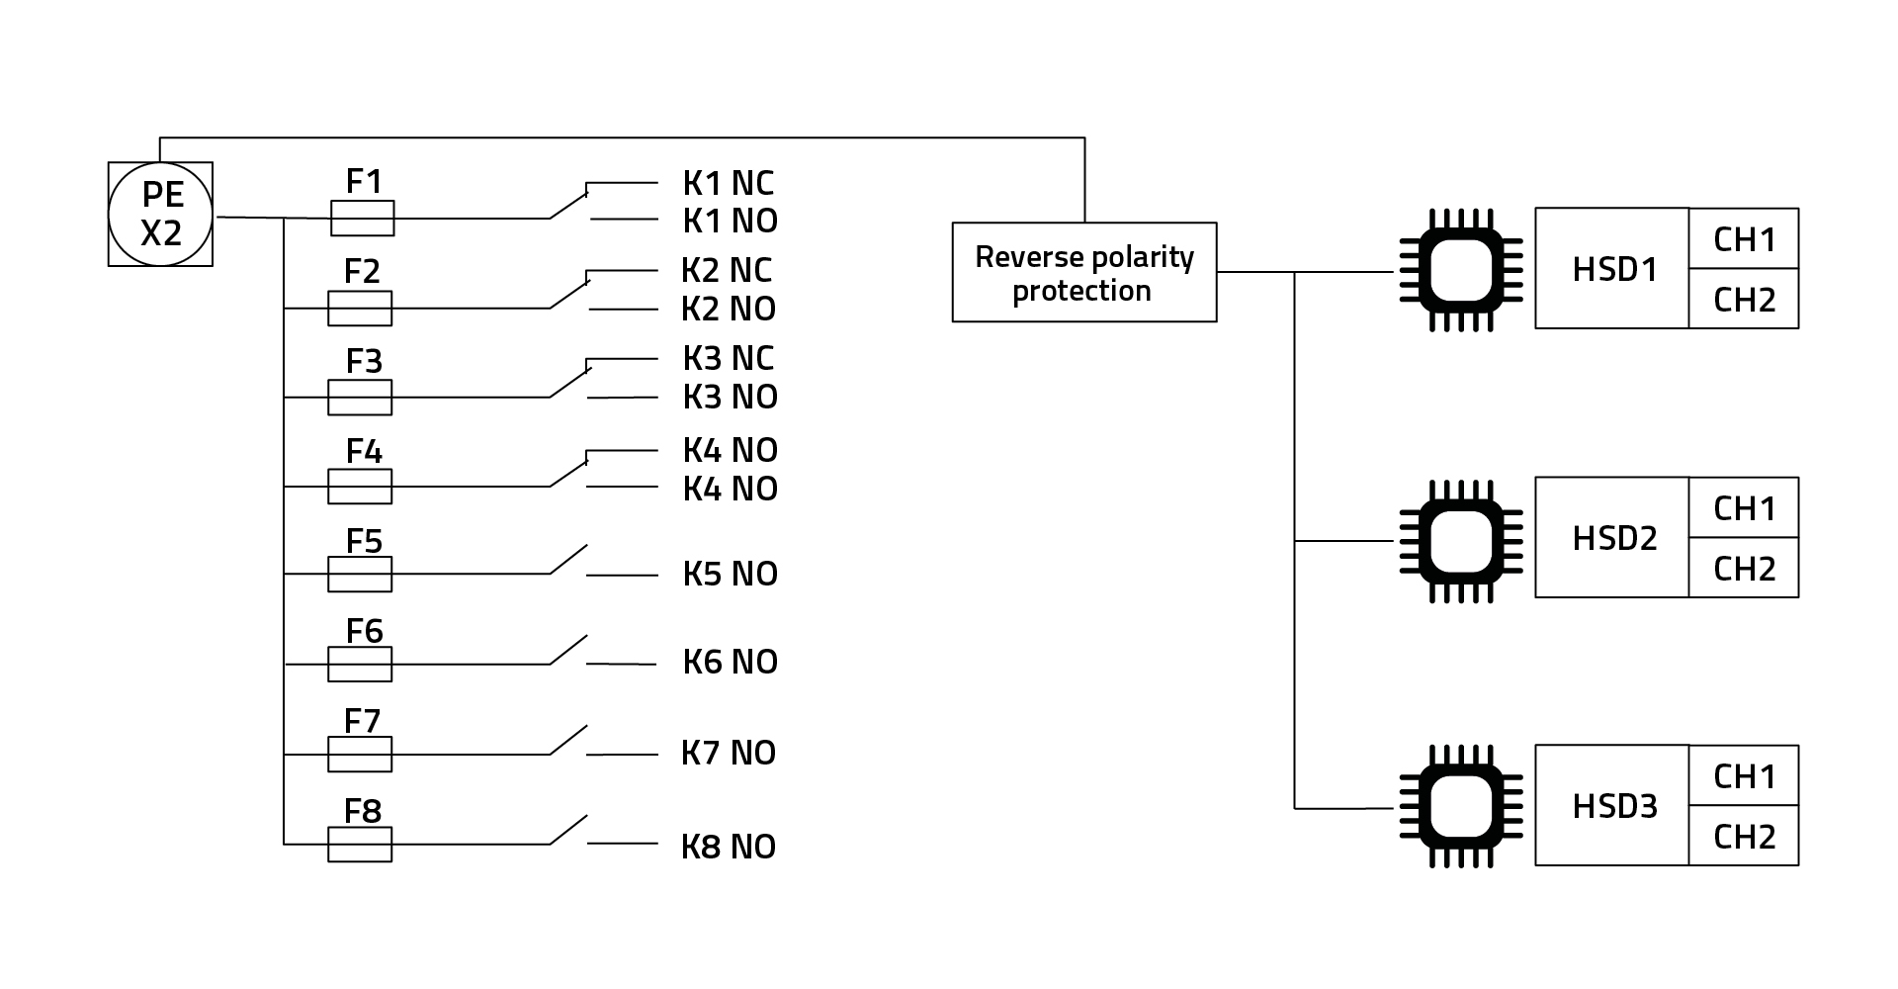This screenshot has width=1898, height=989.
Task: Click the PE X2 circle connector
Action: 160,215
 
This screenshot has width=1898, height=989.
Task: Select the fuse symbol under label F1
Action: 362,219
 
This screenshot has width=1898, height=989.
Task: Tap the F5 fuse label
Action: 364,541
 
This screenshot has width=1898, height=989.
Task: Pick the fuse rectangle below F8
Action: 360,845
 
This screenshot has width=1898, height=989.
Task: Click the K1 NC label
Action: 729,183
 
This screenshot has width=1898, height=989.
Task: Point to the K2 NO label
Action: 729,309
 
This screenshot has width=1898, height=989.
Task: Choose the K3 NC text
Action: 729,358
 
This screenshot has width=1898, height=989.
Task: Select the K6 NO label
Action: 731,662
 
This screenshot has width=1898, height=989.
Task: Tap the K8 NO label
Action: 729,847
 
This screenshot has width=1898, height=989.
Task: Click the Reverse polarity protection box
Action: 1084,272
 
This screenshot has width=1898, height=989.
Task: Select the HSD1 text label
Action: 1614,269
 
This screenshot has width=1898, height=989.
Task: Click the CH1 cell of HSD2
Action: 1744,508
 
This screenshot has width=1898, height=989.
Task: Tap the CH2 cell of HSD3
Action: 1744,837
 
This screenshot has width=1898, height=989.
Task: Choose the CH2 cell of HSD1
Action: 1744,300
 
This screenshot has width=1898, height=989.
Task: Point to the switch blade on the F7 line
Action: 568,740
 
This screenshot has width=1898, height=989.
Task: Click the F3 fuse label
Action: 364,361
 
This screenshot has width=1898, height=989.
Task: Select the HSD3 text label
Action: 1614,806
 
